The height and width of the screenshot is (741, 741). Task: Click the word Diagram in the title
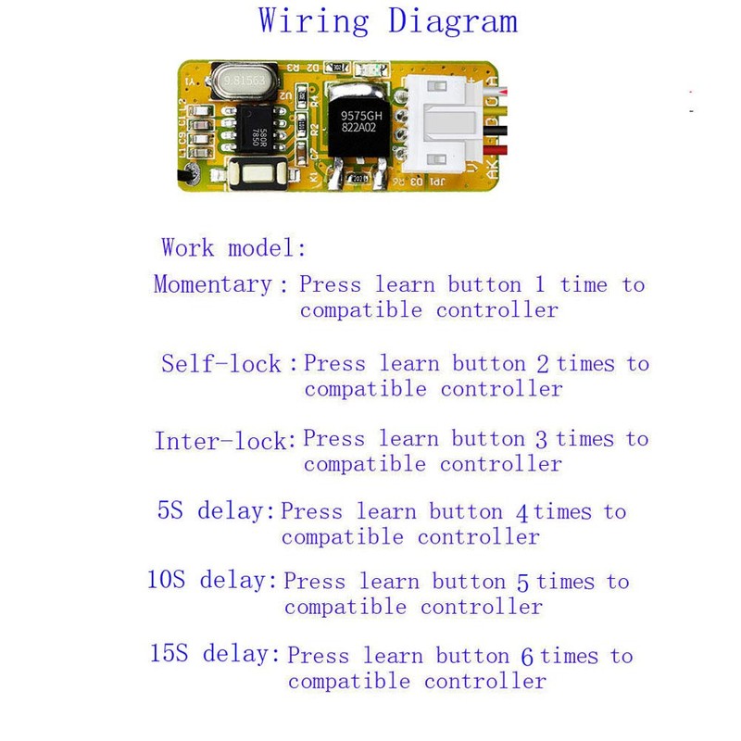(453, 22)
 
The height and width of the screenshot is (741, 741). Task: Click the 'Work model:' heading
(232, 248)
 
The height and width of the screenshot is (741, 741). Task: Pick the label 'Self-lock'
(221, 363)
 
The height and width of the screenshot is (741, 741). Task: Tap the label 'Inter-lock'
(221, 441)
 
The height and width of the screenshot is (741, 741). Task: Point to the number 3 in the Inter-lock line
(542, 439)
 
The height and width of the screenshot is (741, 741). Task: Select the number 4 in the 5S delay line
(521, 512)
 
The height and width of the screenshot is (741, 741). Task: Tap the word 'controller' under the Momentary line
(497, 309)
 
